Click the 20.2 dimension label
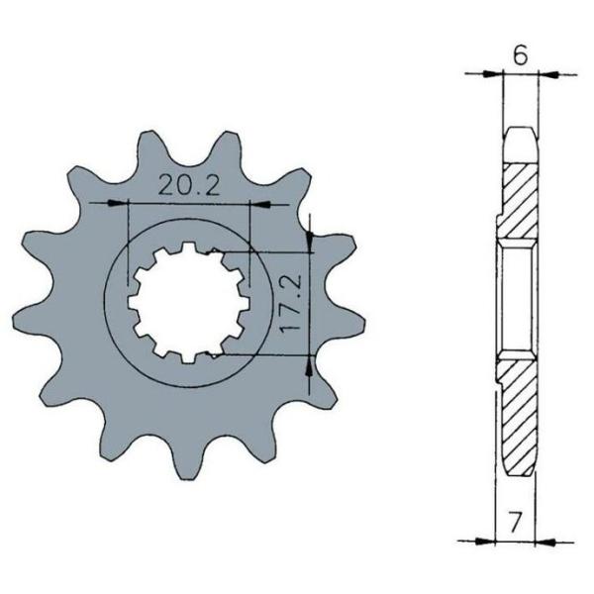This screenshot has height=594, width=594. [188, 185]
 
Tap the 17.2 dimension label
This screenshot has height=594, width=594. [292, 302]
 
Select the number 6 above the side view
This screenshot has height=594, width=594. [520, 56]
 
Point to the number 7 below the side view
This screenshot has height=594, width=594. [515, 523]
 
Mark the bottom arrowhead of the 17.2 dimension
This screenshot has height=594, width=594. [310, 366]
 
